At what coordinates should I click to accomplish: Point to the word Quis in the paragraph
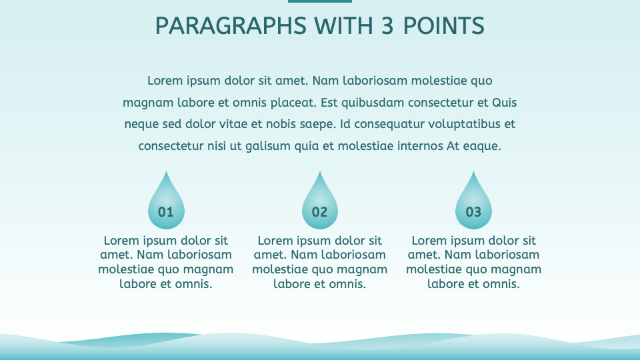504,103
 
